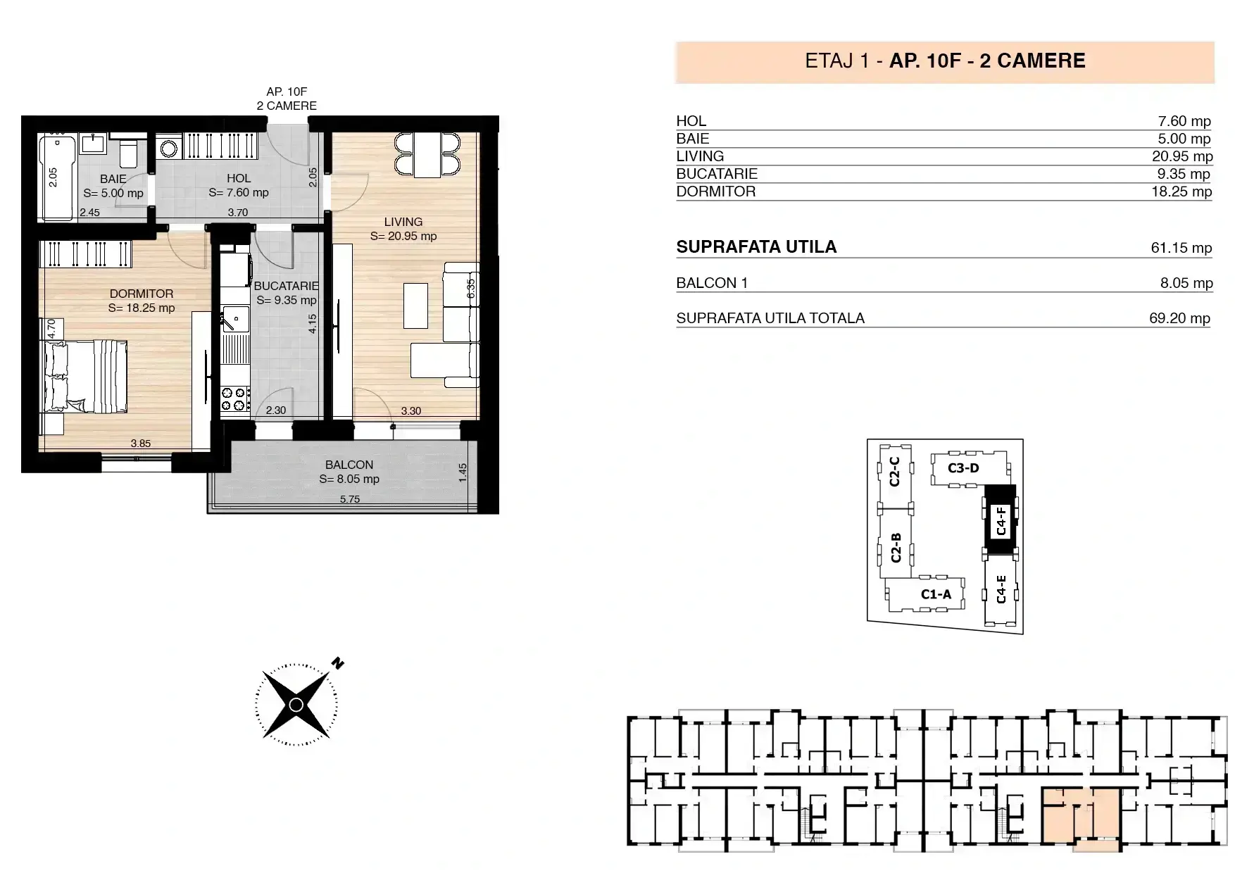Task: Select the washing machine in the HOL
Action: (169, 148)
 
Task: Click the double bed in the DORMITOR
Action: (86, 377)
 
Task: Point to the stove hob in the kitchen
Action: (236, 399)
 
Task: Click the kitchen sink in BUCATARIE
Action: (235, 319)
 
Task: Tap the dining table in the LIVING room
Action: (427, 155)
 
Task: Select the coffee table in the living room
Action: (415, 306)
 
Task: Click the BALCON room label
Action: (349, 465)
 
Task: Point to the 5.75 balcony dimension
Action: (350, 499)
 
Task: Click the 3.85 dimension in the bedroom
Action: (141, 444)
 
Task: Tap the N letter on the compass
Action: (338, 663)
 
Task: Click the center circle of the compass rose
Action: (296, 705)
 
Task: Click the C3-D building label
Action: (963, 468)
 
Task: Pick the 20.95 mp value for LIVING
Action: (1182, 156)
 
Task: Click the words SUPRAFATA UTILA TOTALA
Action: (770, 318)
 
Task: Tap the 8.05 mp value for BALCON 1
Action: (1186, 283)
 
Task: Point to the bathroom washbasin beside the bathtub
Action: (93, 144)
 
